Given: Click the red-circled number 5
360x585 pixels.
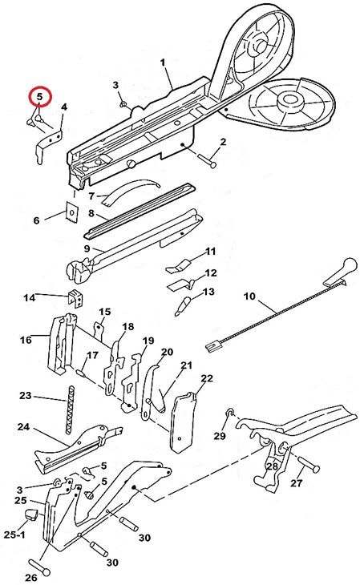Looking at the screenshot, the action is (39, 97).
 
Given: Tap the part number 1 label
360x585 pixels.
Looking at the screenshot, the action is (163, 63).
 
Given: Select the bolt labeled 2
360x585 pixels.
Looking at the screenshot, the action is (205, 159).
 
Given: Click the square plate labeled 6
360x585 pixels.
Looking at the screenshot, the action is (71, 212).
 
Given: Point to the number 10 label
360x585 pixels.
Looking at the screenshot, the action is (249, 297).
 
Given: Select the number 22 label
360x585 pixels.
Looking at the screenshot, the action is (207, 379).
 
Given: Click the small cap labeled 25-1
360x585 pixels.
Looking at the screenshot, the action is (30, 514).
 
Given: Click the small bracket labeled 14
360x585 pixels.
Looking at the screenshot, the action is (75, 298).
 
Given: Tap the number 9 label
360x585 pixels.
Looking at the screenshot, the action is (87, 248).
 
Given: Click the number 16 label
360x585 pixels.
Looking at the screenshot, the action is (26, 340).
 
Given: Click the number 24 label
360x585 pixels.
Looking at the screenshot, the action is (23, 426).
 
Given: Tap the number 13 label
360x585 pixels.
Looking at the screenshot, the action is (208, 292).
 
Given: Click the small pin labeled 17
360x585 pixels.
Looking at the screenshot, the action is (81, 372).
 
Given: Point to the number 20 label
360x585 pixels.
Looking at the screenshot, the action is (167, 352).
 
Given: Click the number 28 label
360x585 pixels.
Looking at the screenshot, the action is (272, 466).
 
